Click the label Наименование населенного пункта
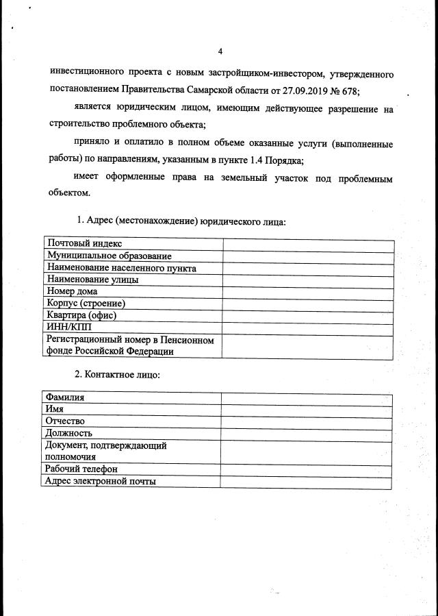(x=121, y=268)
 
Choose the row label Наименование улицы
(x=92, y=280)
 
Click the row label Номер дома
(x=72, y=291)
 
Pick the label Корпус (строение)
(x=86, y=303)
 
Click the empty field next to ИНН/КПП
(x=308, y=327)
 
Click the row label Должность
(x=68, y=433)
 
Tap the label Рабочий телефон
(x=81, y=469)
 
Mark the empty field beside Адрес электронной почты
(x=306, y=482)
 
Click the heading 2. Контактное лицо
(x=117, y=375)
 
